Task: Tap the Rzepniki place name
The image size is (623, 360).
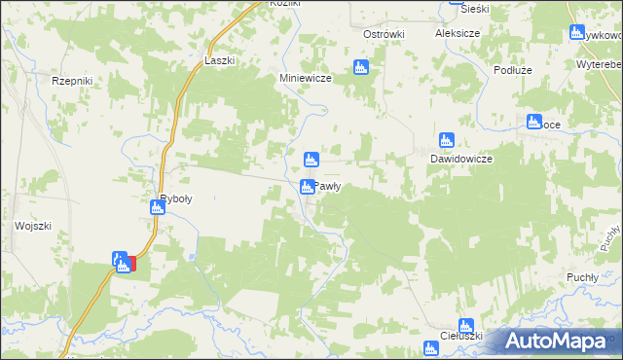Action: [71, 83]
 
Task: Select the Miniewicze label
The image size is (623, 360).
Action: [307, 78]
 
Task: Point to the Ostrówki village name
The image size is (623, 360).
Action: [384, 34]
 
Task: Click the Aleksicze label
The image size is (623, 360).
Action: [460, 32]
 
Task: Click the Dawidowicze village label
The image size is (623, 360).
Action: [461, 159]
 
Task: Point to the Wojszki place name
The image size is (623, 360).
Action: [32, 226]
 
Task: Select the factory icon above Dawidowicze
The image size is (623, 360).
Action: [446, 139]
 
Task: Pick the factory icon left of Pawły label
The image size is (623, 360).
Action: [308, 187]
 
